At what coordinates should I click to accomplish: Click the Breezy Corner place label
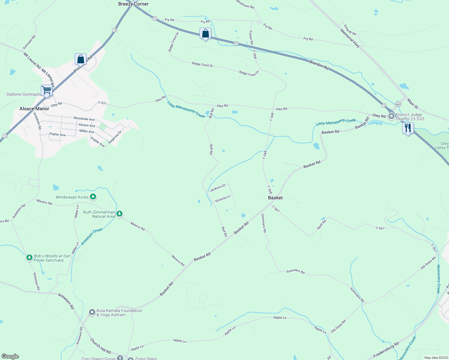[x=133, y=4]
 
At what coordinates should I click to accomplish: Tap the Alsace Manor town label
[x=34, y=109]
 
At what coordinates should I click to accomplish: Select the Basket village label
[x=275, y=198]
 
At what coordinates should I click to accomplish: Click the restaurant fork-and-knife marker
[x=408, y=128]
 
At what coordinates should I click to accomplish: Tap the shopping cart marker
[x=47, y=90]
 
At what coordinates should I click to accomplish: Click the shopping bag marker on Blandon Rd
[x=205, y=33]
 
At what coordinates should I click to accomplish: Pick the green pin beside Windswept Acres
[x=93, y=197]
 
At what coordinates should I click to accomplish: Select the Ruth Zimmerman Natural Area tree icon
[x=119, y=214]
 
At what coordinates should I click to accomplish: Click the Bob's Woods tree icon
[x=29, y=257]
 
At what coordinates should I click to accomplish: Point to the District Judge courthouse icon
[x=391, y=116]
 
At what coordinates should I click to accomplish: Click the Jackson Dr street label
[x=218, y=188]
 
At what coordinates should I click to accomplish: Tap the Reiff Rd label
[x=321, y=224]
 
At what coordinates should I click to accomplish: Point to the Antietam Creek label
[x=92, y=236]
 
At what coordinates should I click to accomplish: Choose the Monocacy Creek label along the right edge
[x=438, y=279]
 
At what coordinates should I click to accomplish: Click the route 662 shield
[x=398, y=104]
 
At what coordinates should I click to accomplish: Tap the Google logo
[x=10, y=356]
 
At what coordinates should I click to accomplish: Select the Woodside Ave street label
[x=84, y=119]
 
